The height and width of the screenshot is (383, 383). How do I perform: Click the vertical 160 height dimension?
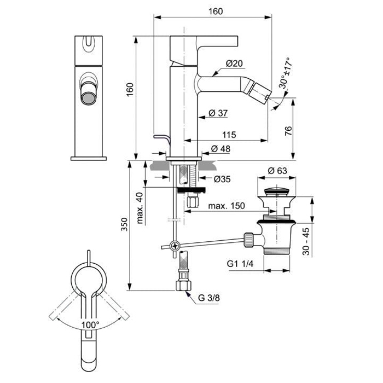[130, 90]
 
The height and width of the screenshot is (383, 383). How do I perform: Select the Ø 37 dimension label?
[218, 113]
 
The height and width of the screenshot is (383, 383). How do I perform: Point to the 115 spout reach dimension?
[229, 135]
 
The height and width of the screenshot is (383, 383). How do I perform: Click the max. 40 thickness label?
[141, 208]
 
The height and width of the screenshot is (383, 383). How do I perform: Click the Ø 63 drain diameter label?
[277, 170]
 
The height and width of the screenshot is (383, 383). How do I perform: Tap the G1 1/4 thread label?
[241, 263]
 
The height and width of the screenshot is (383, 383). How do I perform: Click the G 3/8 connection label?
[209, 299]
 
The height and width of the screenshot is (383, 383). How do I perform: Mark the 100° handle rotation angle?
[90, 324]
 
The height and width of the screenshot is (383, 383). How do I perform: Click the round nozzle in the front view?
[87, 98]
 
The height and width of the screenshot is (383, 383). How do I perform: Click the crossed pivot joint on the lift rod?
[175, 246]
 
